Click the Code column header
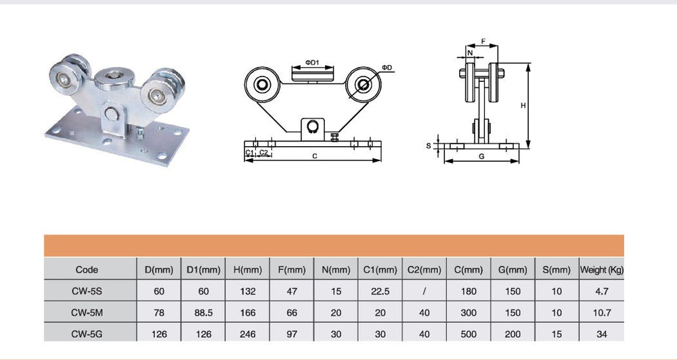pos(87,270)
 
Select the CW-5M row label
pos(87,313)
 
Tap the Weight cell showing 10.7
pos(601,313)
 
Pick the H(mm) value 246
pos(247,334)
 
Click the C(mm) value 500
pos(468,334)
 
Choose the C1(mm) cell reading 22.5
pos(380,292)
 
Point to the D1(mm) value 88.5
pos(203,313)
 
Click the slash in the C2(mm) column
pos(424,292)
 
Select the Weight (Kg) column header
pos(602,270)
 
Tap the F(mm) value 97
pos(292,334)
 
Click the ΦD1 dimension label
pos(312,62)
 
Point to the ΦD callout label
pos(387,68)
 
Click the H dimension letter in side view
pos(523,106)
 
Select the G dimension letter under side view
pos(481,156)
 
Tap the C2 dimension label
pos(263,152)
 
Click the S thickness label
pos(429,146)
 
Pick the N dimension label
pos(471,53)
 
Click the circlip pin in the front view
pos(313,126)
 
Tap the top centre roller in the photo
pos(114,78)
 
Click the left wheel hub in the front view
pos(261,85)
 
